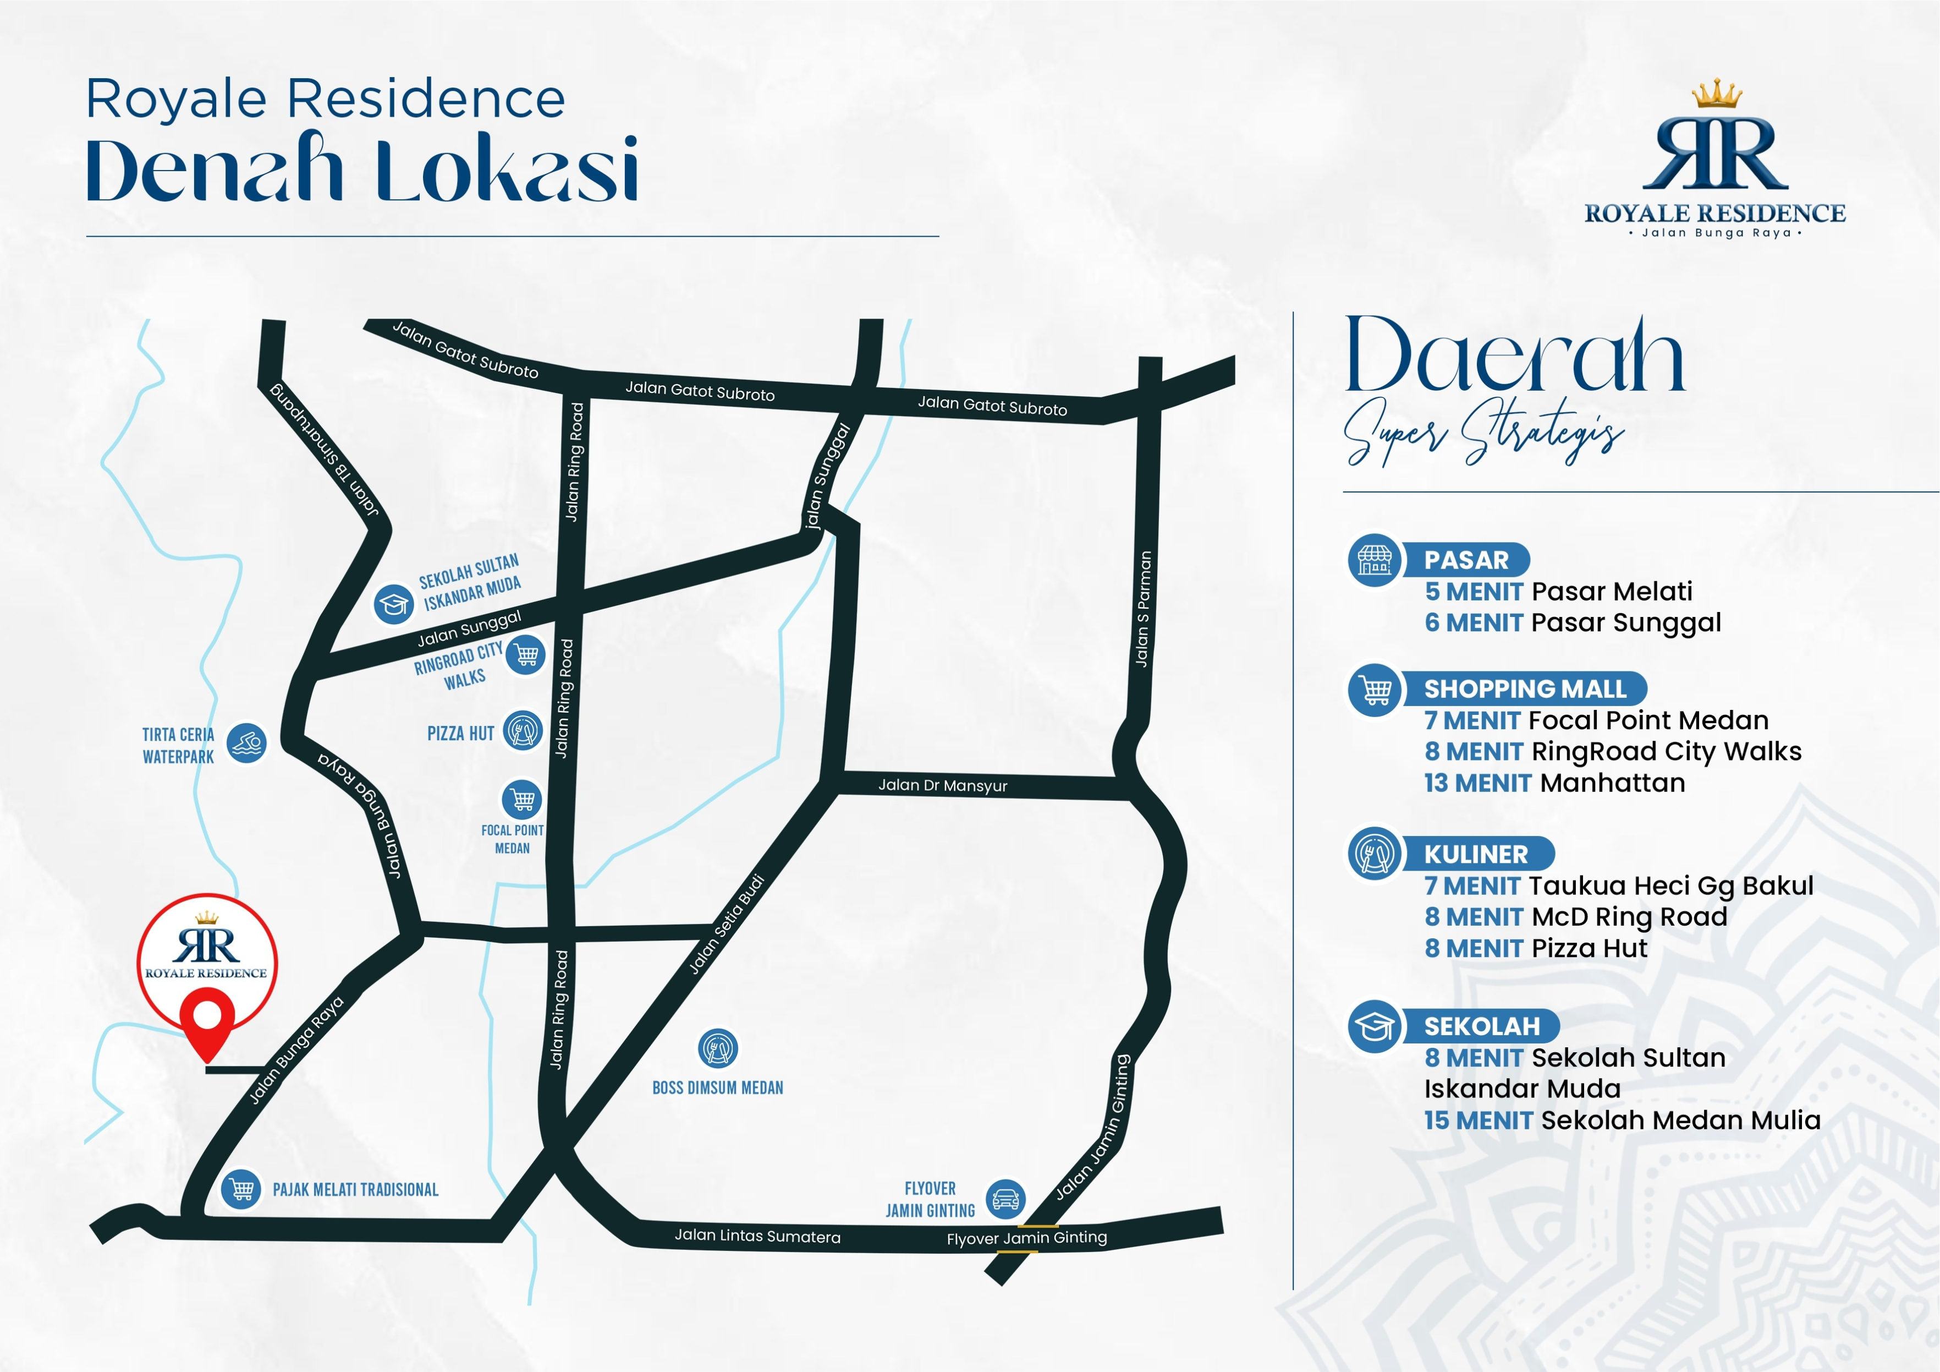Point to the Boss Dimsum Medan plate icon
point(717,1049)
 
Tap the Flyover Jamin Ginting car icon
point(1005,1199)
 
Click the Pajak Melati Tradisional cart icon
point(241,1189)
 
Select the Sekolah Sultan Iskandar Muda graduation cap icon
point(394,604)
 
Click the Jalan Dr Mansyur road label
point(942,785)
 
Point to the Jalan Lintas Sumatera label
point(757,1237)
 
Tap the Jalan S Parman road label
point(1143,609)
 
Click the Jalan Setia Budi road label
point(727,925)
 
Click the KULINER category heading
point(1476,854)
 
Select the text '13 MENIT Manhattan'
point(1554,783)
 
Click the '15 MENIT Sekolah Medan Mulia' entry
point(1622,1120)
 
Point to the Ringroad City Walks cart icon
point(525,654)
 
